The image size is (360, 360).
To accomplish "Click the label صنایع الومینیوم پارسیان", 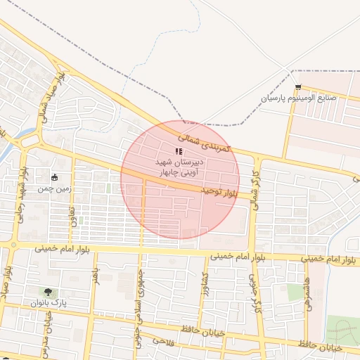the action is click(299, 98).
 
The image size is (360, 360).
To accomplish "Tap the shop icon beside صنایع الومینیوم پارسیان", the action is click(299, 88).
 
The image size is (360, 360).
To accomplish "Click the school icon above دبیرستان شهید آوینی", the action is click(179, 151).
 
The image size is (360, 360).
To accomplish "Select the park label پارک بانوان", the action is click(47, 302).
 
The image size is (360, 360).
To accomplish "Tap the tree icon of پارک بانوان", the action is click(47, 292).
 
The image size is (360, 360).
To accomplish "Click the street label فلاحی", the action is click(162, 342).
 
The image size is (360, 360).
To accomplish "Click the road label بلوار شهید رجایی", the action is click(22, 194).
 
